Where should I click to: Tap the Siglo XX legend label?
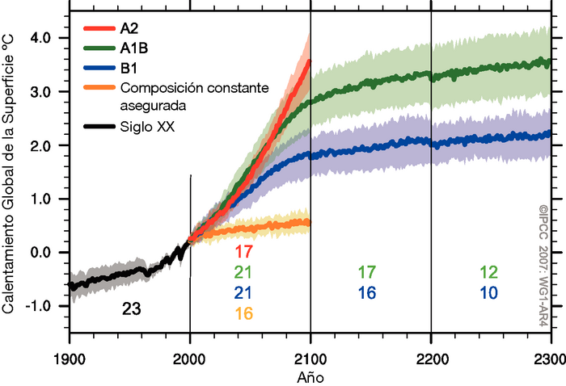click(149, 125)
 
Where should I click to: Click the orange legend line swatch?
click(99, 86)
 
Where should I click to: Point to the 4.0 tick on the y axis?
click(49, 38)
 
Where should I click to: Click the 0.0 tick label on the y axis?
click(49, 253)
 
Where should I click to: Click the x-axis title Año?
click(310, 376)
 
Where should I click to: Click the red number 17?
click(243, 251)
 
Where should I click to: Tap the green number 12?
click(488, 272)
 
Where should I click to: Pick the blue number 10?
click(488, 293)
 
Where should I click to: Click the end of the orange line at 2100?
click(308, 222)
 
